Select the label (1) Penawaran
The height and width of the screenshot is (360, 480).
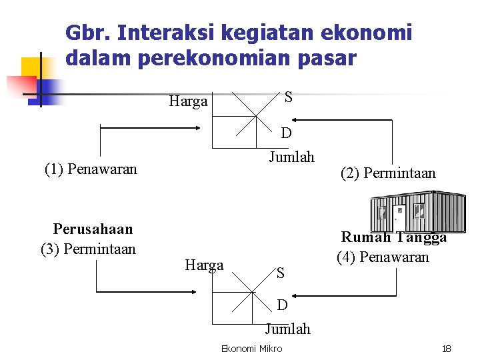coord(91,169)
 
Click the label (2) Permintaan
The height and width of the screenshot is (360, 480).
coord(388,173)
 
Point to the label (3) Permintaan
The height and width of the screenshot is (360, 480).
coord(88,249)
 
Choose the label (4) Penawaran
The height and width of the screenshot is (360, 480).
coord(383,257)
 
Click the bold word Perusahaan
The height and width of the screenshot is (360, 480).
coord(93,229)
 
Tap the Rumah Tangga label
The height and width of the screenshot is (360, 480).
coord(393,237)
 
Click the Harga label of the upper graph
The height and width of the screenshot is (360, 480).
coord(188,102)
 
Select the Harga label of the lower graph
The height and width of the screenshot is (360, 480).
coord(204,265)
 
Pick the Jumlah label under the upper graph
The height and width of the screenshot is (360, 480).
coord(291,157)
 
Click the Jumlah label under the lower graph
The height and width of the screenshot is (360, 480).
coord(287,329)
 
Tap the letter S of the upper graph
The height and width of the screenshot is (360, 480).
coord(287,97)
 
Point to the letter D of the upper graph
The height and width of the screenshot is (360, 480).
coord(286,133)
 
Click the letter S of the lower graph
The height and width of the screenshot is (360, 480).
coord(281,272)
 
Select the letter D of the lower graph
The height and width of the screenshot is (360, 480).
coord(283,305)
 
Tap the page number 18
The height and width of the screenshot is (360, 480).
coord(447,349)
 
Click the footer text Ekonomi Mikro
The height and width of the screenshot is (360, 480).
coord(251,349)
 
